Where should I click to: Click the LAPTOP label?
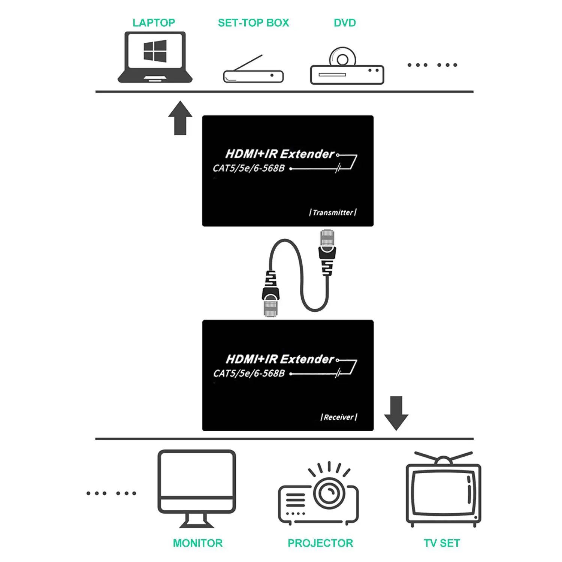tap(154, 23)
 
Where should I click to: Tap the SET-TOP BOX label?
tap(253, 23)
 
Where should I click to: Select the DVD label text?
tap(345, 23)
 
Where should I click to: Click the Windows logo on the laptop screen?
tap(155, 51)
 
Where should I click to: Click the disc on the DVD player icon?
tap(342, 58)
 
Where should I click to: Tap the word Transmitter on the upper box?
tap(333, 212)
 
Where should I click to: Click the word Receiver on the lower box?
tap(339, 417)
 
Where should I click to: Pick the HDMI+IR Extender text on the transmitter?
tap(280, 154)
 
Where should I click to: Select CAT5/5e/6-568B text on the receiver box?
tap(249, 374)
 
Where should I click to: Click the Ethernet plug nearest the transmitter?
tap(327, 247)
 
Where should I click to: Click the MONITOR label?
tap(197, 543)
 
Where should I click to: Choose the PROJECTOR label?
tap(320, 543)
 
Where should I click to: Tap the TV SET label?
tap(442, 543)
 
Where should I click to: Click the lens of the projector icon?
tap(329, 492)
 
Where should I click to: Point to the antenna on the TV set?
tap(443, 459)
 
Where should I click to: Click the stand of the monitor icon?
tap(197, 521)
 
